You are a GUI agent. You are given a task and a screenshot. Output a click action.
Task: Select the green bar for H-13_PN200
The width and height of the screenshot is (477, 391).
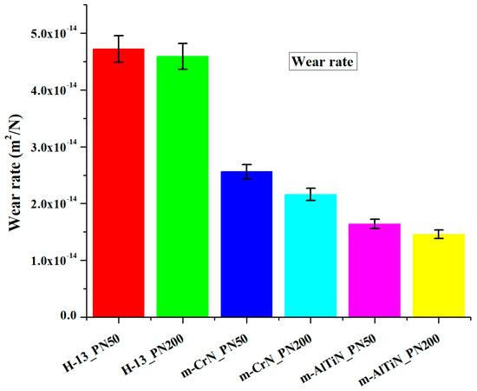tap(182, 186)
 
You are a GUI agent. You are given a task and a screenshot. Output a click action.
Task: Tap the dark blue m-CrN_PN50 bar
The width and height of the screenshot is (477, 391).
tap(246, 244)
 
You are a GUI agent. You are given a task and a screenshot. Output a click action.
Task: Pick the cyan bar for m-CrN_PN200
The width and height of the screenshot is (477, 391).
tap(310, 255)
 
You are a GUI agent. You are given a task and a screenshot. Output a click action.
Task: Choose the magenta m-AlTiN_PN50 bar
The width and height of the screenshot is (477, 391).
tap(374, 270)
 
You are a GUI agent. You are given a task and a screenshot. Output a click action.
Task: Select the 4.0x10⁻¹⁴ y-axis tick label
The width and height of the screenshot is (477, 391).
tap(53, 90)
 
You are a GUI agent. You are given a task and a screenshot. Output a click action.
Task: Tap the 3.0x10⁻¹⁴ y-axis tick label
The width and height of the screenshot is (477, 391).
tap(53, 147)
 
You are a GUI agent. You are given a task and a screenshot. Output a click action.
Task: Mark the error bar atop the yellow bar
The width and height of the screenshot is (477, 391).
tap(438, 234)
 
